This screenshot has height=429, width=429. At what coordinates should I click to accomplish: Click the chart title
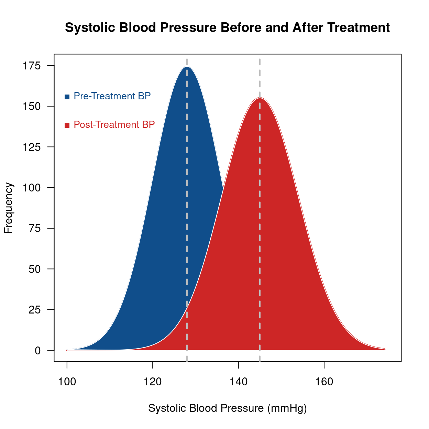(227, 27)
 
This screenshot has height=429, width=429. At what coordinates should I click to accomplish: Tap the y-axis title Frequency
(8, 208)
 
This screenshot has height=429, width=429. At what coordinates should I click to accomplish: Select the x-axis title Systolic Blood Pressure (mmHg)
(227, 408)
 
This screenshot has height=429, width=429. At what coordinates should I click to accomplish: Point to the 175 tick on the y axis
(32, 66)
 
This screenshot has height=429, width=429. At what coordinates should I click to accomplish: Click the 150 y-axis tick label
(32, 106)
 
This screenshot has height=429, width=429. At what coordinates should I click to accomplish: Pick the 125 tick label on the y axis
(32, 147)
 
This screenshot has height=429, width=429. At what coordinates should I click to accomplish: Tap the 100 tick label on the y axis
(32, 188)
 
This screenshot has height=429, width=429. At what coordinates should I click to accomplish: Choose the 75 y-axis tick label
(35, 228)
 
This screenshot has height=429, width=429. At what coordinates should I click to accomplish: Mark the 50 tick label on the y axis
(35, 269)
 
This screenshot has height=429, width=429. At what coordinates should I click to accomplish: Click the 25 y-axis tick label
(35, 310)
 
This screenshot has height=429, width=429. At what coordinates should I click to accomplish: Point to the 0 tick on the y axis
(37, 351)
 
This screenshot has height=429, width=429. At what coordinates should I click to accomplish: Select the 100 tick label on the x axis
(67, 382)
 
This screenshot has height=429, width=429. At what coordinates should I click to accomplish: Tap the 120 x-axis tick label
(153, 382)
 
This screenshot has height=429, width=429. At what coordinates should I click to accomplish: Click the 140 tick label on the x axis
(239, 382)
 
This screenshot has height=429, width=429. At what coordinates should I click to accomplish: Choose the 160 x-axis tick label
(324, 382)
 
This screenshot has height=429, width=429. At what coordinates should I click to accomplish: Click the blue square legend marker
(67, 97)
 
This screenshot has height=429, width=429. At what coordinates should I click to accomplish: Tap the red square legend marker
(67, 125)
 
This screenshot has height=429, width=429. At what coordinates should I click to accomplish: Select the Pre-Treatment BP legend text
(112, 96)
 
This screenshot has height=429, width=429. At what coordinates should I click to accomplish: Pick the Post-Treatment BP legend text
(114, 125)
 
